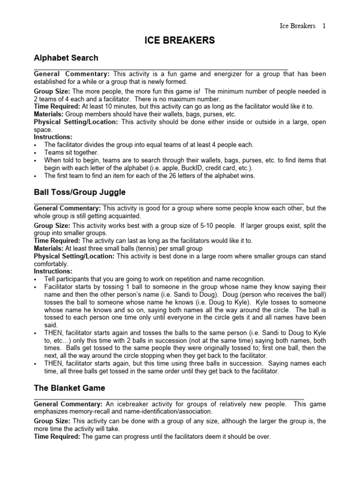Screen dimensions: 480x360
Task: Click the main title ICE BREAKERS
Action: click(x=180, y=41)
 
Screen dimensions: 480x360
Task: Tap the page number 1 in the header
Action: click(x=323, y=26)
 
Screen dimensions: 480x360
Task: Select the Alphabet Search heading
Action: click(x=66, y=58)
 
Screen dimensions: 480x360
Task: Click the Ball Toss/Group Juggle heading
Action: click(x=80, y=192)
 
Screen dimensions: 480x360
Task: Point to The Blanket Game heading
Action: click(x=69, y=388)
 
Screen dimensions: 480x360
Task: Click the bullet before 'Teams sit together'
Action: click(x=36, y=153)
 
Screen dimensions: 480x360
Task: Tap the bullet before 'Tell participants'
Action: click(x=36, y=279)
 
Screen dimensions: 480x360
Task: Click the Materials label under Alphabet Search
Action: click(x=49, y=114)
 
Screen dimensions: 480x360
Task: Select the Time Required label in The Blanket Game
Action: click(x=57, y=436)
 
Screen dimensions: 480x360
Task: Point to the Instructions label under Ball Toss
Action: click(x=53, y=271)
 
